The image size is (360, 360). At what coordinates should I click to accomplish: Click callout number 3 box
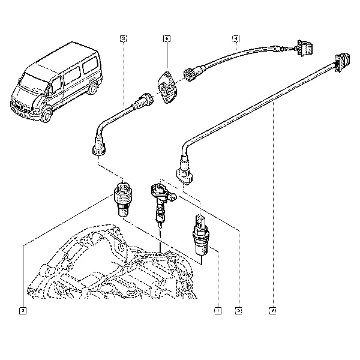coord(122,39)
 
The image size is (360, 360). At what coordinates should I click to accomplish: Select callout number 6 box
coord(166,39)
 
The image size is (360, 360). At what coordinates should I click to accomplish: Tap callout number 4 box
coord(236,39)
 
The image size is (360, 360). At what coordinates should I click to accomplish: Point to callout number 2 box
coord(22,310)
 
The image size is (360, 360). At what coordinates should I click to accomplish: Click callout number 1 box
coord(217,310)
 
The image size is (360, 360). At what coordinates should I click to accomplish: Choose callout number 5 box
coord(238,310)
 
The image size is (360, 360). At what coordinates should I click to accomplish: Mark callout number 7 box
coord(273,310)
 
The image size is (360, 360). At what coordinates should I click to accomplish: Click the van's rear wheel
coord(91,90)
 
